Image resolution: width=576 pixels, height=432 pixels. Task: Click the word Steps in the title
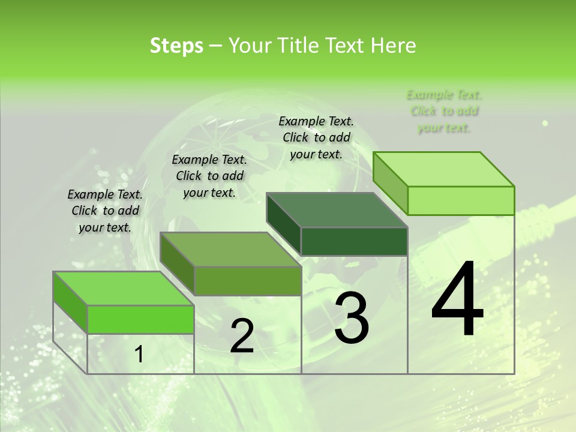176,46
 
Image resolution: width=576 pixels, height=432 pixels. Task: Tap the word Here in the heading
394,46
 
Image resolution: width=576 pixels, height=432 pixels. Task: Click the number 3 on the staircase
351,318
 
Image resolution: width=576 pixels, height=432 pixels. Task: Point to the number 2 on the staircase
242,336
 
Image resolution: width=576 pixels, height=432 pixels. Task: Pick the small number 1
139,355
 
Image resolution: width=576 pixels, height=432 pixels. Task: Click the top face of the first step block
123,288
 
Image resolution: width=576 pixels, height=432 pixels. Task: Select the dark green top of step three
337,210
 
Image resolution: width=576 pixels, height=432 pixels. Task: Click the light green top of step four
444,169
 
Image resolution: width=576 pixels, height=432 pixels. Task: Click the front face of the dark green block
354,242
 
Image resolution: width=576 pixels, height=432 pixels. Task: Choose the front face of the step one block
140,319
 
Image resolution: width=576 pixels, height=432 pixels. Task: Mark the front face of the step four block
461,200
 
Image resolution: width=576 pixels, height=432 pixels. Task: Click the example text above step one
105,211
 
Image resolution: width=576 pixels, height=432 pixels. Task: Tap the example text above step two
209,176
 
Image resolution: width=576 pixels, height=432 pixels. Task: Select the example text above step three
316,137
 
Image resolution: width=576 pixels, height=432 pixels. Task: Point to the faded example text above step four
444,111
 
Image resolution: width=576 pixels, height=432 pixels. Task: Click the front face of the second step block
247,281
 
